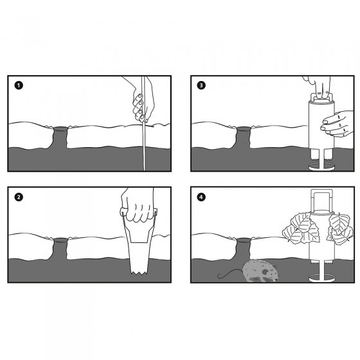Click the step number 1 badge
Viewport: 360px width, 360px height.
point(19,85)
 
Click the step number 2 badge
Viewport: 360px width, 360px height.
point(19,197)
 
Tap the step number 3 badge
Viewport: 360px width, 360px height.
point(201,85)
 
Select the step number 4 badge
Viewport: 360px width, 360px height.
point(201,197)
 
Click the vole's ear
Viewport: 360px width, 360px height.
point(265,272)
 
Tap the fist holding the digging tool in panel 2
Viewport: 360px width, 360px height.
point(138,206)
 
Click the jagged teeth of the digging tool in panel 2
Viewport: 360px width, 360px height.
point(139,273)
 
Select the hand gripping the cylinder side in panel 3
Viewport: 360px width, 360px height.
point(337,124)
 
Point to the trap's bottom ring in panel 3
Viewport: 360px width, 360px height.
point(321,166)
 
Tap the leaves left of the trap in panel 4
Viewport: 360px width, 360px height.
point(299,228)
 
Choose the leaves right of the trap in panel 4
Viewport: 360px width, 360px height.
point(341,228)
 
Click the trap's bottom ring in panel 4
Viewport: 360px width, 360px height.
point(321,278)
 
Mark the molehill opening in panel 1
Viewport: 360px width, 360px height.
point(60,129)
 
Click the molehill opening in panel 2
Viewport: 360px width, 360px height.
point(60,240)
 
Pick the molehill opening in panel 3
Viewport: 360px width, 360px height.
point(244,129)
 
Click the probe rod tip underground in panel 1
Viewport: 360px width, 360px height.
point(144,170)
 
